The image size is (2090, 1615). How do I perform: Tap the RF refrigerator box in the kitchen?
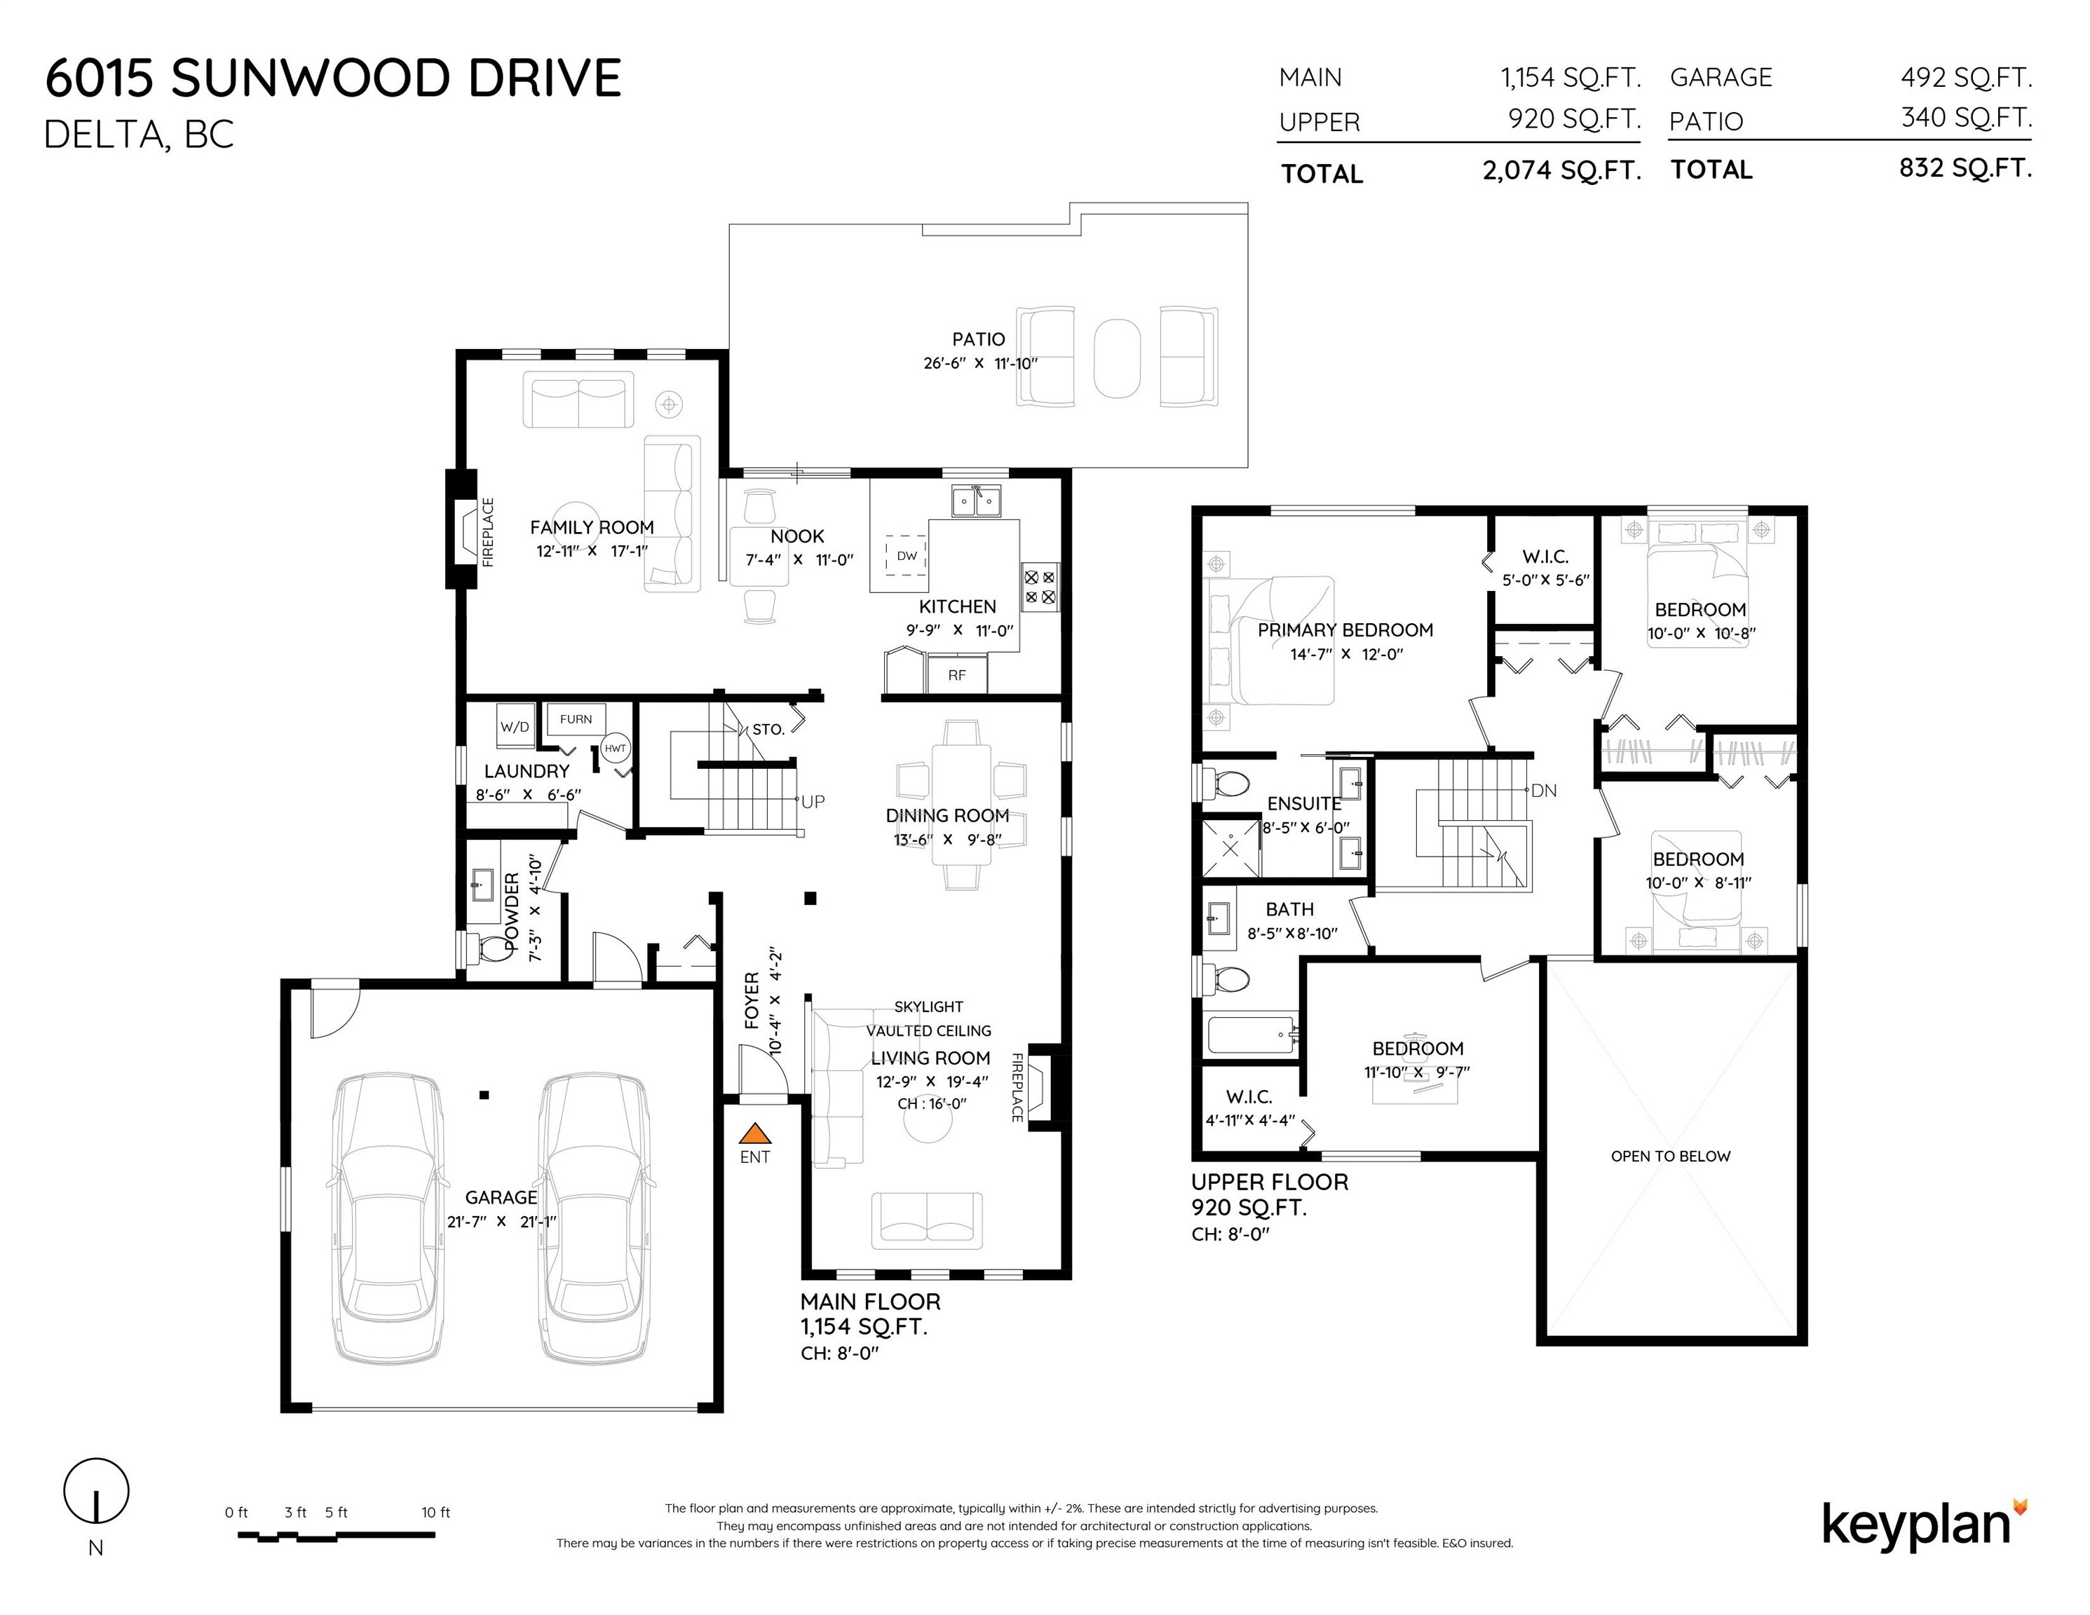(957, 674)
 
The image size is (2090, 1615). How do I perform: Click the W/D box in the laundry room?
(515, 727)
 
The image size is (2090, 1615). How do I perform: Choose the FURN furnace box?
(576, 719)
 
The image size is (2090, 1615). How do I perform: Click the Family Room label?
(592, 527)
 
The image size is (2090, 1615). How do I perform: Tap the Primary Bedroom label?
(1345, 629)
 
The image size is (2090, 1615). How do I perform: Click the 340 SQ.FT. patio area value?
(1967, 118)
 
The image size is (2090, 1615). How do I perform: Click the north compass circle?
(95, 1491)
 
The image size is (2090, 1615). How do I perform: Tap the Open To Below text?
(1671, 1156)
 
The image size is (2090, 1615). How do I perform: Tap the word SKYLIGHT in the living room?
(928, 1007)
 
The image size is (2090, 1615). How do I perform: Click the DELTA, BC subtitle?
(139, 135)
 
